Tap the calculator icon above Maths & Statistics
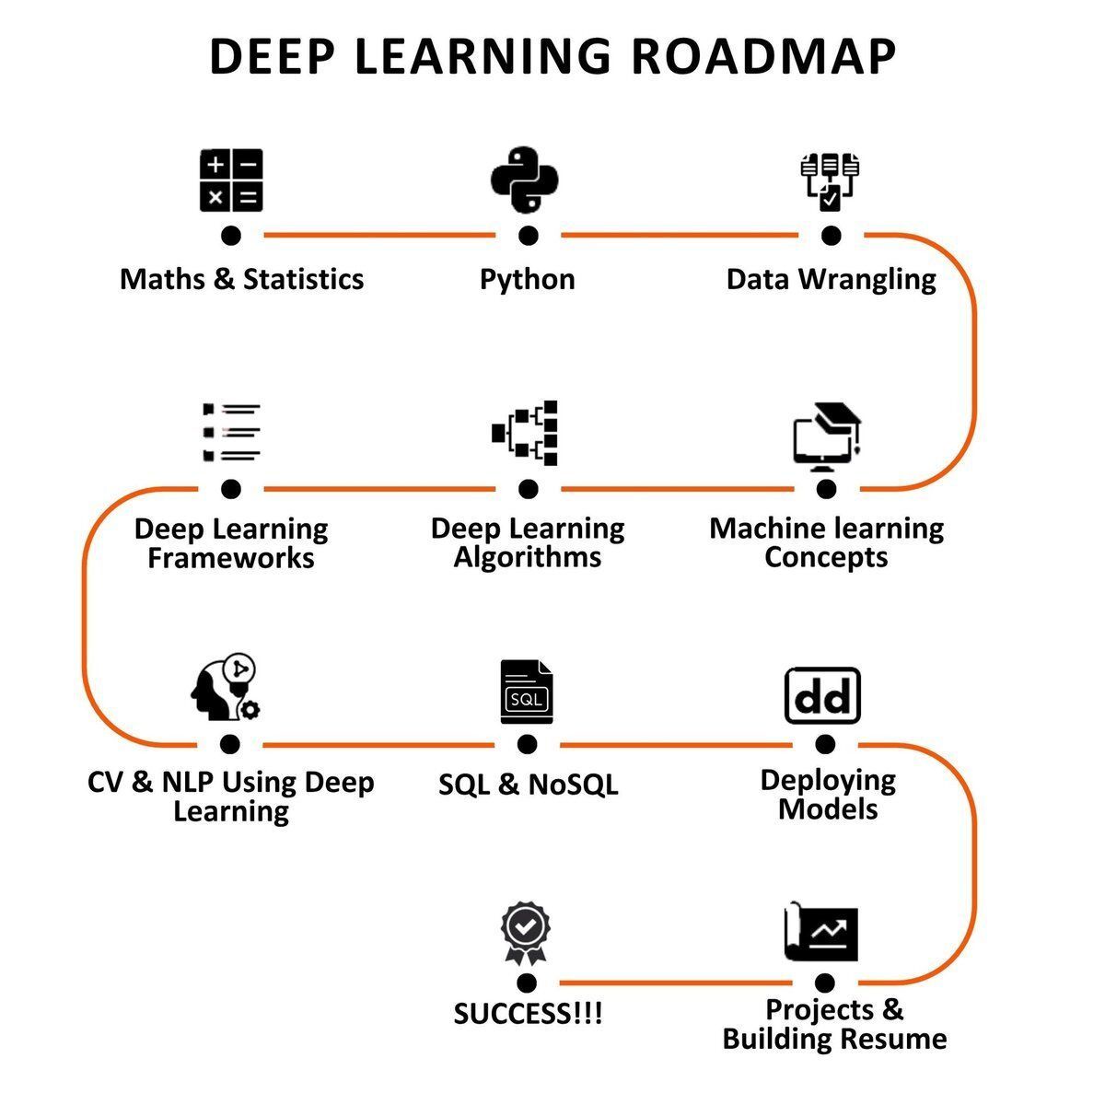[x=231, y=180]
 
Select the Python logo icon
[x=526, y=180]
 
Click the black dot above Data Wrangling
[x=831, y=236]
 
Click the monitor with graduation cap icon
[x=826, y=436]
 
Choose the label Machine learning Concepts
[x=826, y=542]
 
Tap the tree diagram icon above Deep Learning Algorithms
[x=528, y=433]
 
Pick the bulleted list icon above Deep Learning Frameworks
[x=231, y=431]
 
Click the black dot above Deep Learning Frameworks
[x=231, y=488]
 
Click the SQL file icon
[x=527, y=693]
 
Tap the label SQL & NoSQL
[x=528, y=785]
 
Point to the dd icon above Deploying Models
[x=822, y=696]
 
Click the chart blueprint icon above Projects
[x=821, y=932]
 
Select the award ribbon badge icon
[x=525, y=932]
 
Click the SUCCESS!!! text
[x=528, y=1014]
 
